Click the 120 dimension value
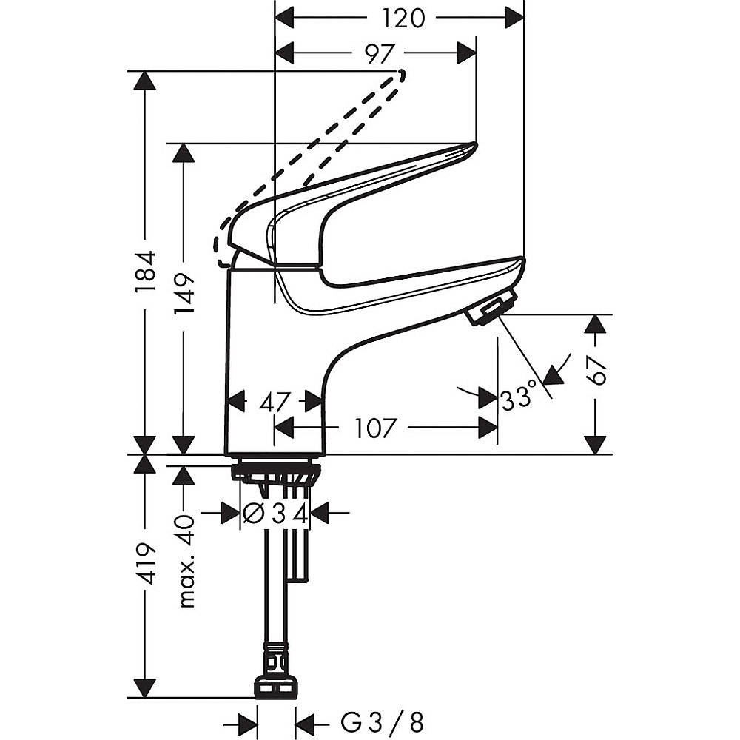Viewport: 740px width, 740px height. click(402, 19)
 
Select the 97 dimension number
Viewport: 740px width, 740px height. click(379, 55)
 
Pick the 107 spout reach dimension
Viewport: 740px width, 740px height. click(373, 428)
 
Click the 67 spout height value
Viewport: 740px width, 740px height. click(596, 371)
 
